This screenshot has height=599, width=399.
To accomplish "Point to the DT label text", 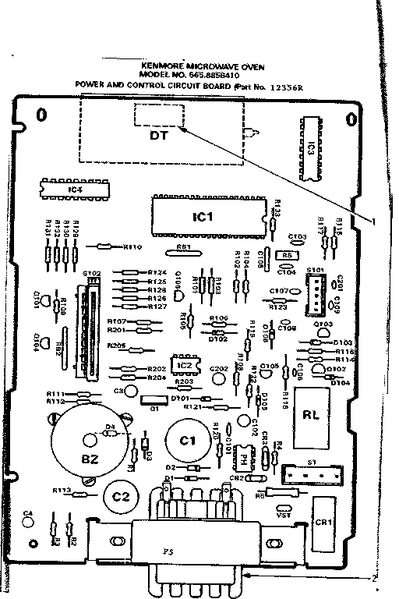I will point(158,134).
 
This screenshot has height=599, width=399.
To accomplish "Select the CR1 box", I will point(322,520).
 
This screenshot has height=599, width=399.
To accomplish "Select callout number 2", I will point(375,577).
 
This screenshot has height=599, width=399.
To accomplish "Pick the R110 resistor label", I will point(133,247).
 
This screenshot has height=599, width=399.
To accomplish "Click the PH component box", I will point(243,459).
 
